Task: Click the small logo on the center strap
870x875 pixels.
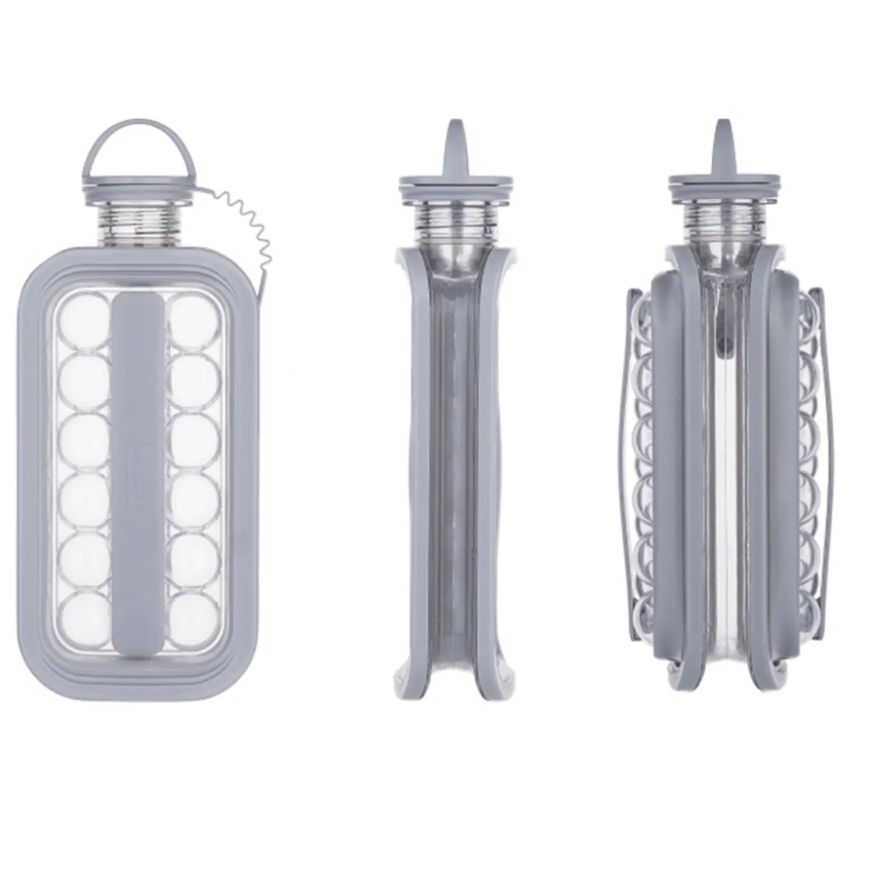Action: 138,457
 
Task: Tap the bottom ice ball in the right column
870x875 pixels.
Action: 192,616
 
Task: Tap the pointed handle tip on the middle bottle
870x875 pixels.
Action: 455,137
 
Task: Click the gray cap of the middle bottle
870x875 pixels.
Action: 455,186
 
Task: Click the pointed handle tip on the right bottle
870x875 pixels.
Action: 723,137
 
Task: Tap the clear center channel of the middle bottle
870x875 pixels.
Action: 455,468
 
